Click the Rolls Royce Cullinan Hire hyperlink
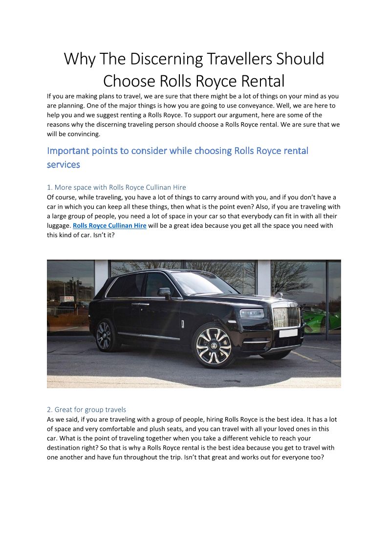coord(109,225)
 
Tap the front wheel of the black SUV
coord(213,345)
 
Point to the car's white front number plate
coord(288,333)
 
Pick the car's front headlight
coord(252,313)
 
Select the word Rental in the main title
coord(254,81)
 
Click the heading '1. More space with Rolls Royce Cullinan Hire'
coord(116,187)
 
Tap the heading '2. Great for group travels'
coord(86,410)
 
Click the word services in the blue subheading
coord(64,165)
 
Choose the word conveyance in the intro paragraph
coord(285,106)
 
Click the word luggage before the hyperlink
coord(59,225)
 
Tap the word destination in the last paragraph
coord(66,447)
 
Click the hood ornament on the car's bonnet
coord(281,296)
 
